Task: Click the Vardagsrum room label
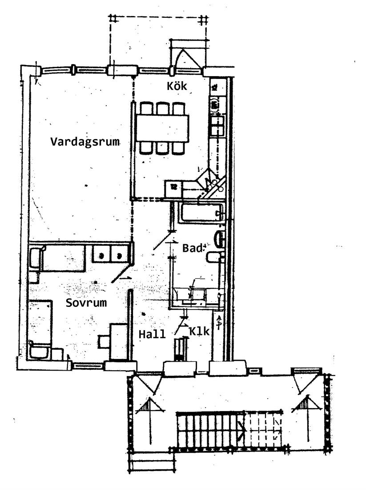coord(85,142)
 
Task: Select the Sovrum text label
coord(86,302)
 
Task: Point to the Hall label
coord(152,334)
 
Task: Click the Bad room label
coord(192,248)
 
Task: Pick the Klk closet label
coord(199,331)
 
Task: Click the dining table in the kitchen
coord(162,128)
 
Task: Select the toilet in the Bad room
coord(214,257)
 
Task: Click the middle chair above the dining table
coord(163,109)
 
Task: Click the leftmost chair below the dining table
coord(146,148)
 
